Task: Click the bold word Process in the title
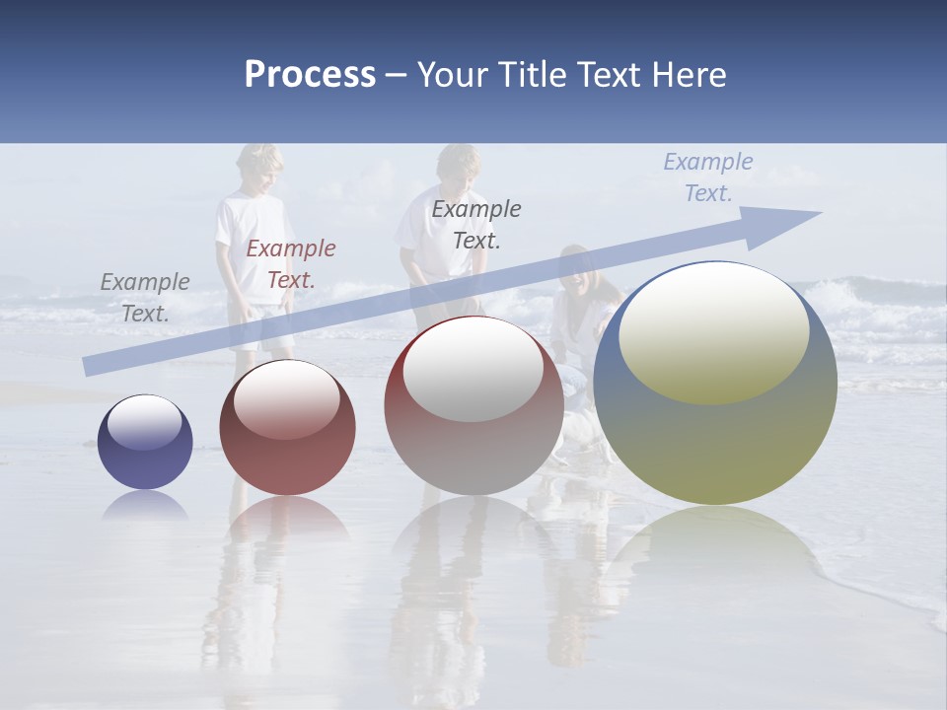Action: point(310,75)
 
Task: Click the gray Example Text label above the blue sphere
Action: point(145,298)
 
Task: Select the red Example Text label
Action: point(291,264)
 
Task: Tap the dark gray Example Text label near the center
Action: point(476,224)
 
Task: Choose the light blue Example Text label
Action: point(707,177)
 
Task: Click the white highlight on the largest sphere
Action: point(713,330)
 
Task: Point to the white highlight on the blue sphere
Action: point(145,422)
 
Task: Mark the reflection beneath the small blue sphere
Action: point(145,506)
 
